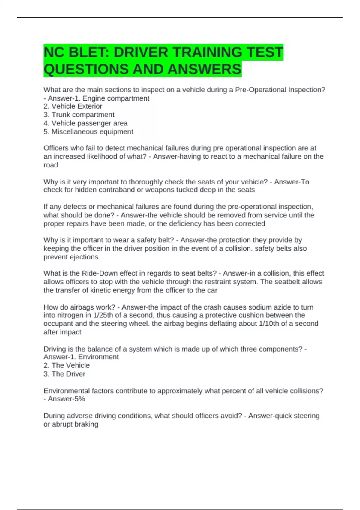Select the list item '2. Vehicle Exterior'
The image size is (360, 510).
[73, 106]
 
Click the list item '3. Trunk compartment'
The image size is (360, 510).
[79, 115]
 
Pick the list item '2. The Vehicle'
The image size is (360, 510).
[67, 365]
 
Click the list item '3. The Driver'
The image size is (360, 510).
[64, 374]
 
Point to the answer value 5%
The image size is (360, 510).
[79, 399]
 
